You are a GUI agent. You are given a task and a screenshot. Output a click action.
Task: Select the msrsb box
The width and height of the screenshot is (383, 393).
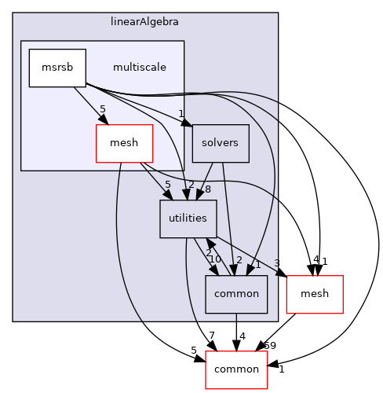(57, 68)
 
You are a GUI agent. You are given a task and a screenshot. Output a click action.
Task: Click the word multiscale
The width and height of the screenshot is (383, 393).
(139, 68)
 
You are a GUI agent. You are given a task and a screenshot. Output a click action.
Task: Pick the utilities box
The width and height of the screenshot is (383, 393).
(188, 219)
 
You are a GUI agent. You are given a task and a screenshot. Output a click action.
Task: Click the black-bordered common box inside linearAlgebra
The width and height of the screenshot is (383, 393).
(236, 295)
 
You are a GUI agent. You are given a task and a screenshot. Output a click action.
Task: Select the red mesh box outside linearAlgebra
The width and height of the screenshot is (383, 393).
(315, 295)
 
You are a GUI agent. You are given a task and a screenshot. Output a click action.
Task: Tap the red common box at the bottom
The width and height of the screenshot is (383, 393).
(236, 370)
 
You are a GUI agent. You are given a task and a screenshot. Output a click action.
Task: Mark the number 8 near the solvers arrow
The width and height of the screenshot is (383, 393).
(208, 189)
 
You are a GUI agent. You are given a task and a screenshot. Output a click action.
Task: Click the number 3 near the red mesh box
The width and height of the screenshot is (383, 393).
(277, 264)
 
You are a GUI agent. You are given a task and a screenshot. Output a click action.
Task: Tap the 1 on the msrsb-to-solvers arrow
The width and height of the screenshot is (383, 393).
(180, 112)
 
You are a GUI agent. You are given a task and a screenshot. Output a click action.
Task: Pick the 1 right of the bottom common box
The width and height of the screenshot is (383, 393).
(281, 369)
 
